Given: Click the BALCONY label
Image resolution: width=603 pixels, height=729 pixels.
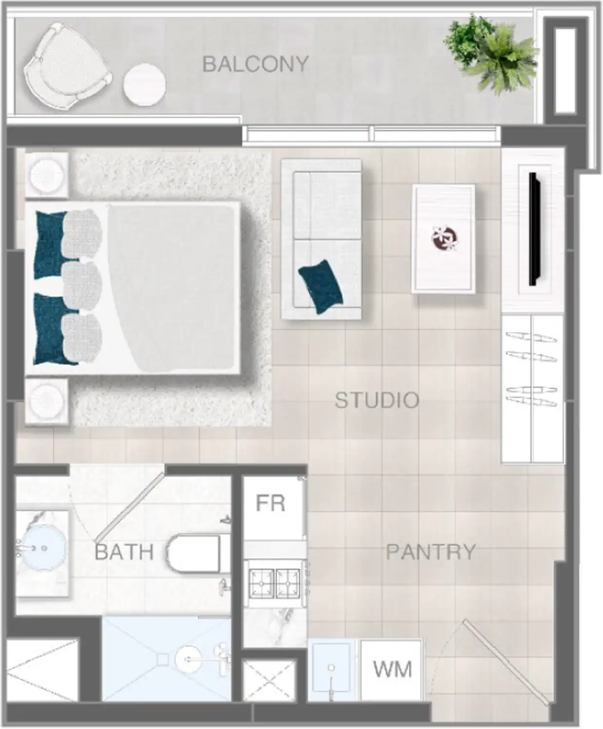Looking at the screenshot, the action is [x=255, y=64].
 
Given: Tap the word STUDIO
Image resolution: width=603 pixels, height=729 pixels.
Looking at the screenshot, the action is [x=377, y=400].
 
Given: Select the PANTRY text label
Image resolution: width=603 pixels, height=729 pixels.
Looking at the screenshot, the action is [x=430, y=552].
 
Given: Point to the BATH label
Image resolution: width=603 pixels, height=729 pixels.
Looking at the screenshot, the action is [x=124, y=552].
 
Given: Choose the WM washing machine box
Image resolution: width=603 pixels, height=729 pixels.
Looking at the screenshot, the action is [x=391, y=670].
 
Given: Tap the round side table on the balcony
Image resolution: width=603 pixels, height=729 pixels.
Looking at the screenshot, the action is [x=144, y=84].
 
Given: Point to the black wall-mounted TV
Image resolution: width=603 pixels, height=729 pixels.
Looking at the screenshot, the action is [x=534, y=229].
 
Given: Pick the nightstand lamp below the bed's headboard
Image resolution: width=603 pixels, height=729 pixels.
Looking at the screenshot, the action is [x=47, y=401].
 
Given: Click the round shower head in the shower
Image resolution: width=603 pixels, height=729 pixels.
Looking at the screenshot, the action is [x=189, y=659].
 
